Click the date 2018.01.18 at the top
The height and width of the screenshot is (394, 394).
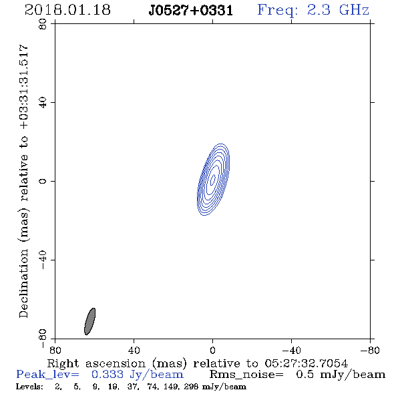(x=67, y=10)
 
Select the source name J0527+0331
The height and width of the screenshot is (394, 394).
(x=191, y=11)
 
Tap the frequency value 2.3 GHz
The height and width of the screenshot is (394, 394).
(x=338, y=10)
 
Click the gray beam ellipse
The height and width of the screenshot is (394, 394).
(x=89, y=321)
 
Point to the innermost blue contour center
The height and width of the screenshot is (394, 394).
(x=213, y=180)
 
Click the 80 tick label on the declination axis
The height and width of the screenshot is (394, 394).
(x=43, y=24)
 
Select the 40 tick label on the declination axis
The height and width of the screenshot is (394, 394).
(x=43, y=103)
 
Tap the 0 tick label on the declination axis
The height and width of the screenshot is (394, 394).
(x=43, y=181)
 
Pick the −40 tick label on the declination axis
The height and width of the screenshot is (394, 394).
(x=43, y=260)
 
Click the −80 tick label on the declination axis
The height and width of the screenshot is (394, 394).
(x=43, y=339)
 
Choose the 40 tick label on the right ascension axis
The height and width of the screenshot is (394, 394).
(x=134, y=351)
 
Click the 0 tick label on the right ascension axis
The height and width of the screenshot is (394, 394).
(x=212, y=351)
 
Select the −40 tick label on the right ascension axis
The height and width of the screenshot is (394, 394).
(x=291, y=351)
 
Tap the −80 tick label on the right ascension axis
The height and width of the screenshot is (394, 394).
(x=370, y=351)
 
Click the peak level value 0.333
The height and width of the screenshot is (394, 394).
(x=108, y=375)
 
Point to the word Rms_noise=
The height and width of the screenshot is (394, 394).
(x=246, y=375)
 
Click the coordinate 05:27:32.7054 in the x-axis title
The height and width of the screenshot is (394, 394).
(x=306, y=363)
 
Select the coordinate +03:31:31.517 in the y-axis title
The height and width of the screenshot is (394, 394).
(x=24, y=87)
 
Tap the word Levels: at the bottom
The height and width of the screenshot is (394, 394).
(x=29, y=387)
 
